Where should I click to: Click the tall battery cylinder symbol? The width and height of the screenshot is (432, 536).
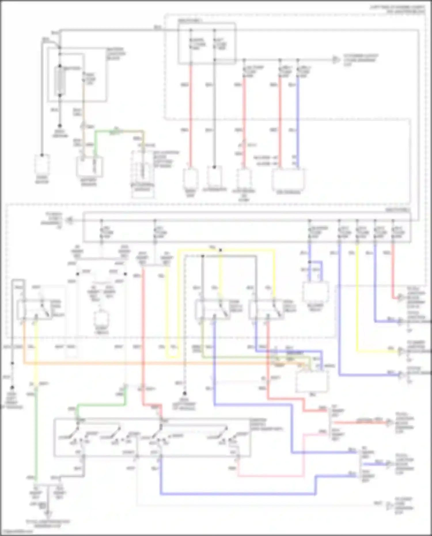pos(60,81)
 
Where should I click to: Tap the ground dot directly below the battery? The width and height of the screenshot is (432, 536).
pos(60,126)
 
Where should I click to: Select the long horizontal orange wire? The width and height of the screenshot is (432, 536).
pos(144,363)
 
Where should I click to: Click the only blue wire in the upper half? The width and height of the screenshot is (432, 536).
pos(298,121)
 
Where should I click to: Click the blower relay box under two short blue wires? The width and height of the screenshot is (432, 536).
pos(315,292)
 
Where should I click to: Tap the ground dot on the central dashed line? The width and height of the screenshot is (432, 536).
pos(185,393)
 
